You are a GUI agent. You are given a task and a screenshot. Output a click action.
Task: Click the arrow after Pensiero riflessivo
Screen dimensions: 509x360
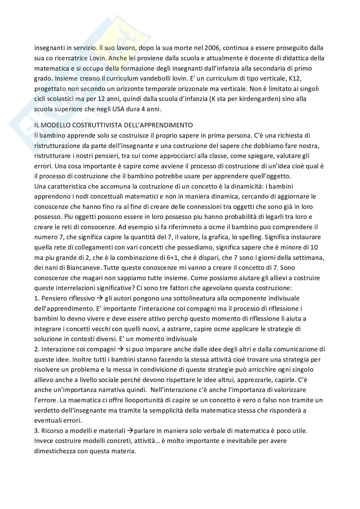(100, 298)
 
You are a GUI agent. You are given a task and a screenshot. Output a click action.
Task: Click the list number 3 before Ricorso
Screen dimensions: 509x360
(36, 431)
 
